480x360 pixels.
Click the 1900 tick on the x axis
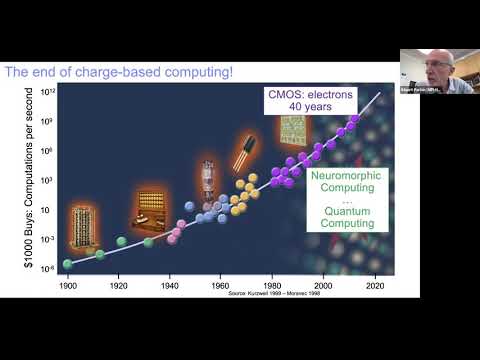click(68, 286)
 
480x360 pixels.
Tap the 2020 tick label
click(375, 286)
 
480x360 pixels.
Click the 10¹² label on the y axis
click(46, 91)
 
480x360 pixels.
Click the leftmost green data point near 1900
click(68, 264)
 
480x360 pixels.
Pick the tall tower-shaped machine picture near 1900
click(80, 227)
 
